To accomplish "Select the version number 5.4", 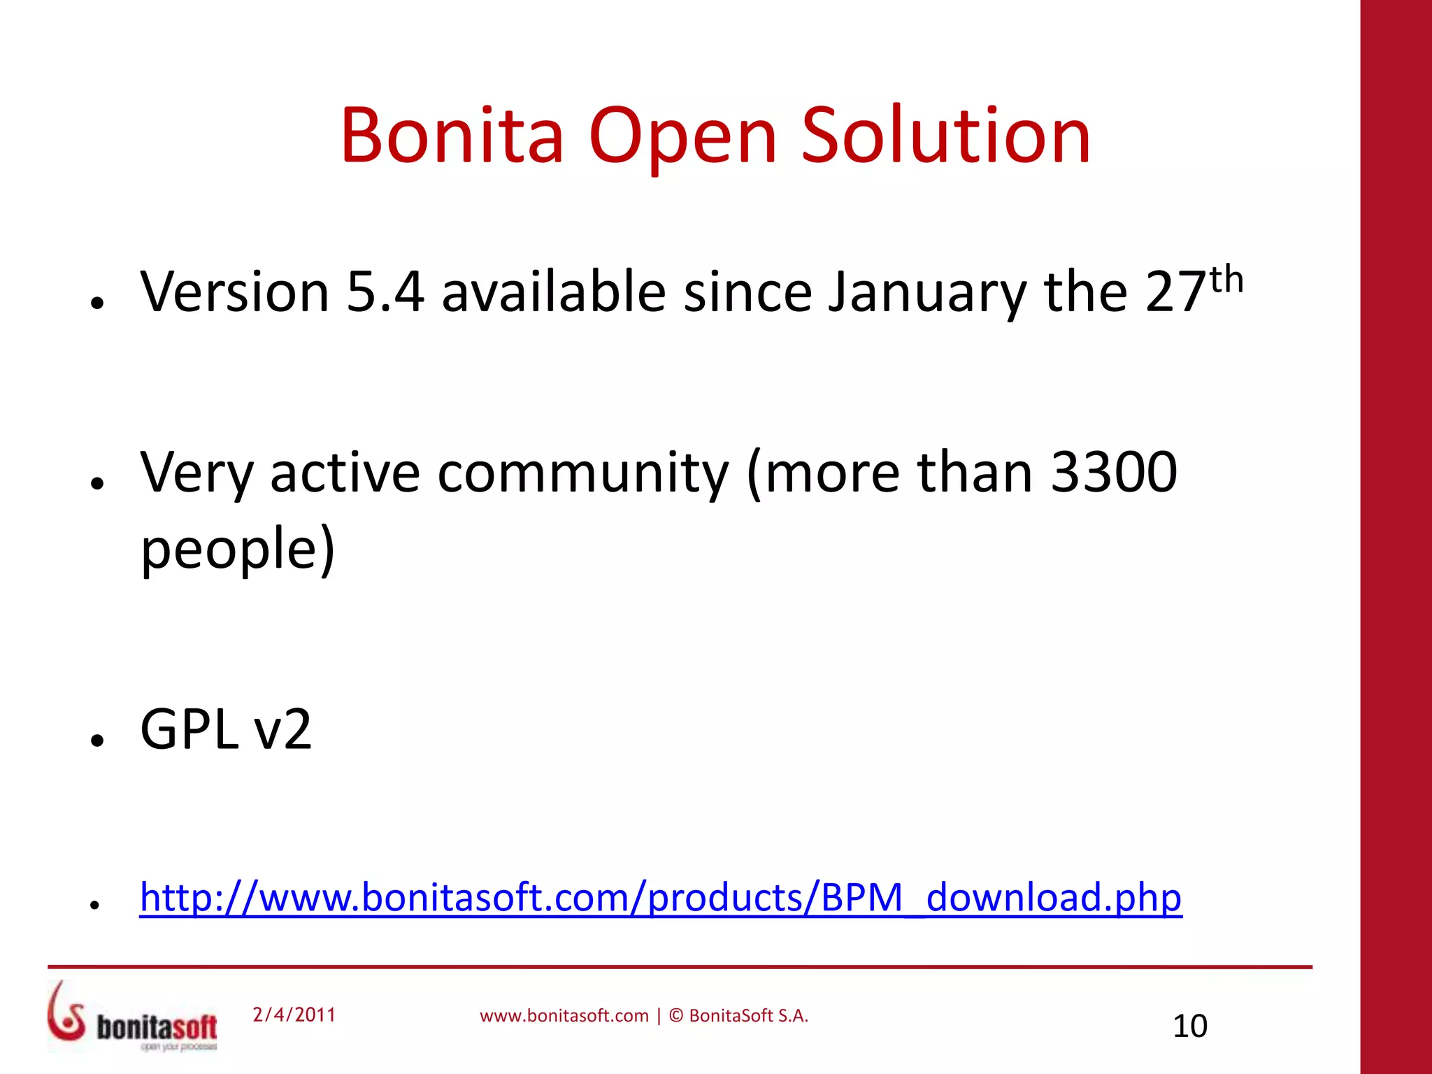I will coord(385,292).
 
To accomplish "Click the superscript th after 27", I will coord(1226,280).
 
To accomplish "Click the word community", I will coord(583,474).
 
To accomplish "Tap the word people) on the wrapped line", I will coord(238,550).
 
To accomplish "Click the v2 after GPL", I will coord(283,730).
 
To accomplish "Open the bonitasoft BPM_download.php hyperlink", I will coord(660,897).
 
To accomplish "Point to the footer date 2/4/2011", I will coord(294,1015).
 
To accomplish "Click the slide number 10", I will coord(1189,1026).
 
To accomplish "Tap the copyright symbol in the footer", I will coord(676,1015).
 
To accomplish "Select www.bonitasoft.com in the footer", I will coord(564,1016).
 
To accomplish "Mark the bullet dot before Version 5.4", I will coord(97,303).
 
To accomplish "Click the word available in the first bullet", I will coord(554,292).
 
